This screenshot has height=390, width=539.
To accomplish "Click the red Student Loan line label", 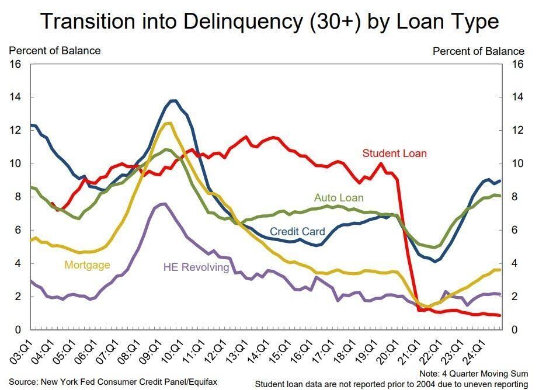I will [x=394, y=154].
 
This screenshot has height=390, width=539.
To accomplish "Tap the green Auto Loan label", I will [x=338, y=197].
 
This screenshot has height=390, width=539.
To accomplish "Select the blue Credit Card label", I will [x=297, y=232].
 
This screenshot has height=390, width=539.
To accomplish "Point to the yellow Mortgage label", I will [x=87, y=265].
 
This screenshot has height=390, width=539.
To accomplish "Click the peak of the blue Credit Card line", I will [x=173, y=101].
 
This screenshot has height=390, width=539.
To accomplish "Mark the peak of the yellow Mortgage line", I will [x=168, y=123].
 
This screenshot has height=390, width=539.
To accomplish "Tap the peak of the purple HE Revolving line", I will [x=164, y=204].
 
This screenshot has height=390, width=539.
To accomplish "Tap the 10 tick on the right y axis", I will [x=517, y=164].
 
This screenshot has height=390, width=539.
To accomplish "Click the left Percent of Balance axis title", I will [x=54, y=51].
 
